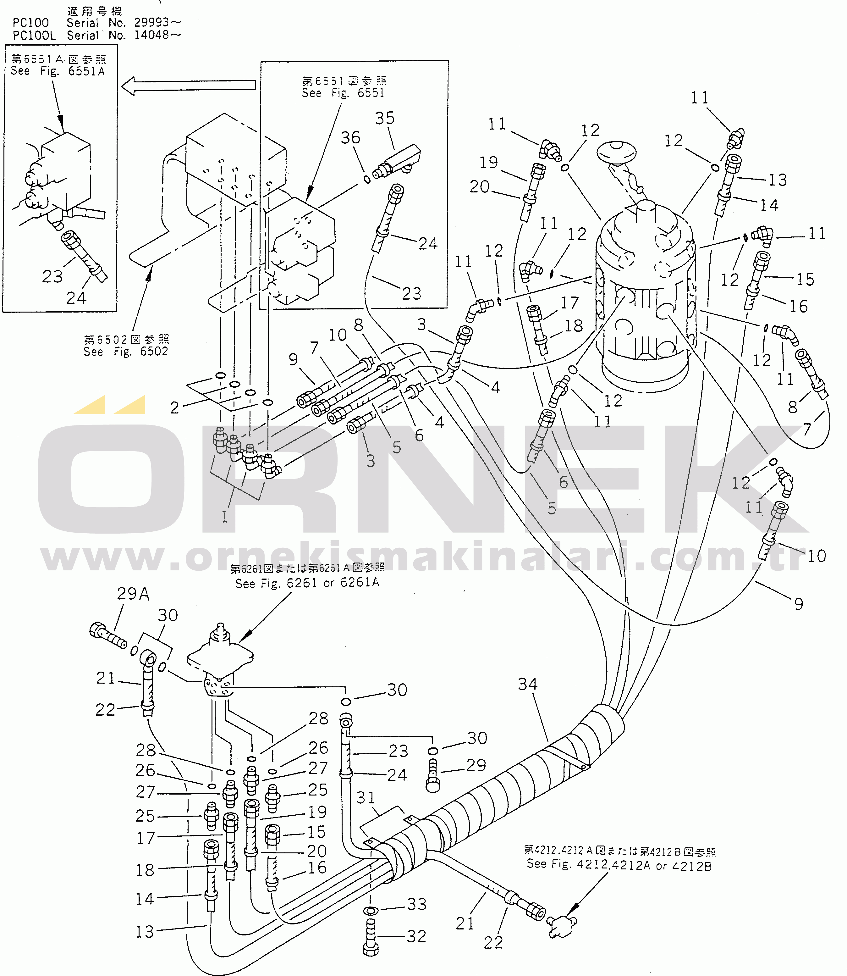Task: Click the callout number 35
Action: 384,118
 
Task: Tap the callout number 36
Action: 350,138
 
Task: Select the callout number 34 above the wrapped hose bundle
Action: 527,684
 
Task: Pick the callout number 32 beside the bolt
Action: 416,936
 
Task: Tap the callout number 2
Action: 174,408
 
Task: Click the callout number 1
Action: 225,517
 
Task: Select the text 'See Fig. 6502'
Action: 126,351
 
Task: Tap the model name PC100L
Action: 34,36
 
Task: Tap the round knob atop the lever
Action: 616,152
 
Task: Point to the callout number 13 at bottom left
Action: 145,932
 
